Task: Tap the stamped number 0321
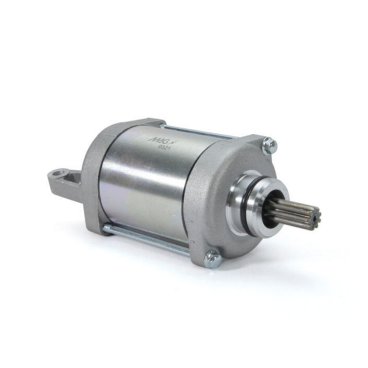click(x=164, y=146)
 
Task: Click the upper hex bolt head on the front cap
click(x=269, y=146)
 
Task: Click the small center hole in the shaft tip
click(x=317, y=217)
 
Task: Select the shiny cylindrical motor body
click(x=144, y=180)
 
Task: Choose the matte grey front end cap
click(x=212, y=201)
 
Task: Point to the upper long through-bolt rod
click(x=198, y=132)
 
